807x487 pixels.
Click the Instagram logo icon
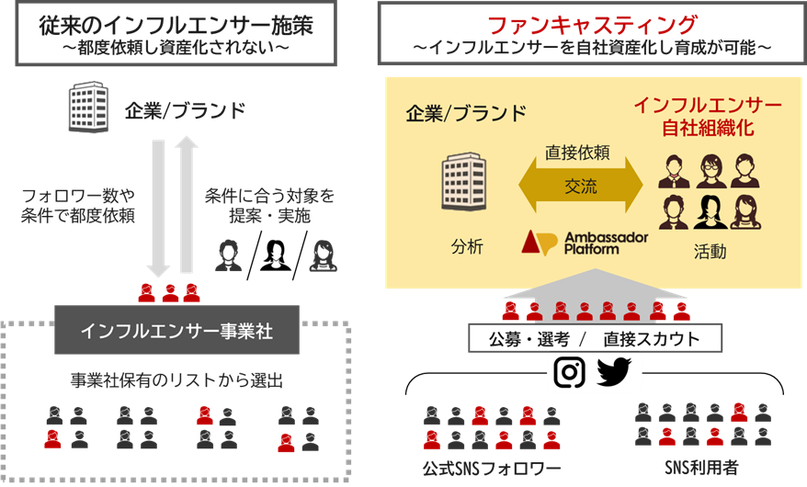point(570,370)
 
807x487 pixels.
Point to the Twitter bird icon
point(614,370)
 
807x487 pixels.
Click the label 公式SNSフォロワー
point(492,469)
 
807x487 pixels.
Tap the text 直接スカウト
point(652,339)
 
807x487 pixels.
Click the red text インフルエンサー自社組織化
point(707,115)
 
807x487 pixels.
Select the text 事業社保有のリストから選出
point(176,380)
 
